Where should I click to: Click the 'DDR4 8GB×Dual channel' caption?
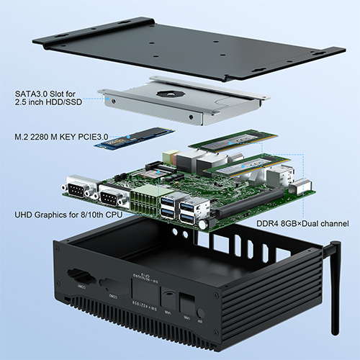click(x=302, y=224)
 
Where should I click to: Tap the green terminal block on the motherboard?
click(x=143, y=197)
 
